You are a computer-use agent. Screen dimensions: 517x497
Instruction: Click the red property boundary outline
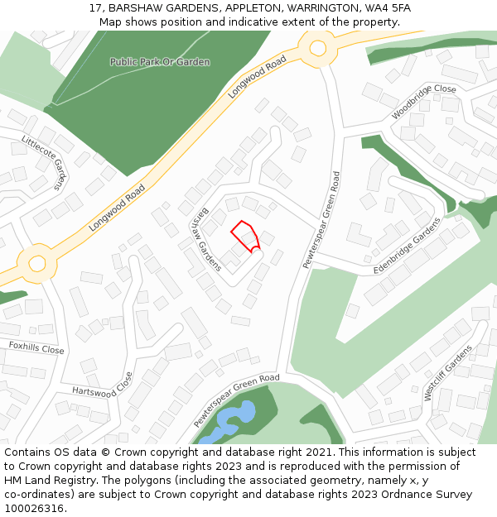coord(245,235)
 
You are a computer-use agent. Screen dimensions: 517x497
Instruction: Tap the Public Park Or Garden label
coord(160,62)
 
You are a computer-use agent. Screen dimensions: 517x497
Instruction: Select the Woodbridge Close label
coord(423,99)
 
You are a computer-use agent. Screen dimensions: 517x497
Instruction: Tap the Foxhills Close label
coord(36,348)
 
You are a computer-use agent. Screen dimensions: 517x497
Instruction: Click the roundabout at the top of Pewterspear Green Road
coord(317,48)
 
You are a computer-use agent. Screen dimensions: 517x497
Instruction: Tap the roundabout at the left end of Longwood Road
coord(36,263)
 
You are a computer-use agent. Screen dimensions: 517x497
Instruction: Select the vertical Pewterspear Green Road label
coord(321,219)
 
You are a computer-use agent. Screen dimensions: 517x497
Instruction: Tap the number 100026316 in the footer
coord(33,508)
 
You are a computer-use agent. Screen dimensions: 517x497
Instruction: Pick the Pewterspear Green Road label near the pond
coord(237,400)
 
